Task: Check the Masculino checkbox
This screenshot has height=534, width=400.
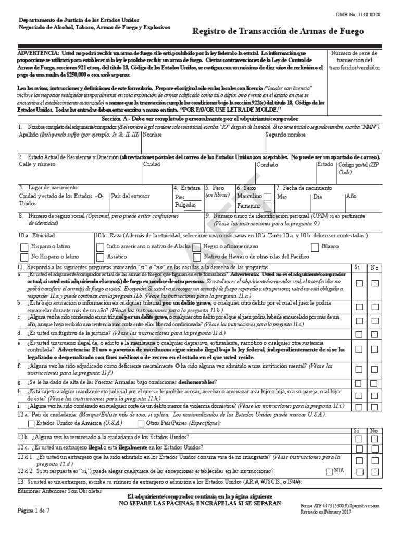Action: coord(267,197)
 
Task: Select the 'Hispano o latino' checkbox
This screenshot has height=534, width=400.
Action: coord(24,247)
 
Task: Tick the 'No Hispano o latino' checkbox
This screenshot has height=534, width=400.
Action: coord(24,257)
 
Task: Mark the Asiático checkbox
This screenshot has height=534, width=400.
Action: coord(99,257)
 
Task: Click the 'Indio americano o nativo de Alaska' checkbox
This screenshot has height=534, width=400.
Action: coord(99,247)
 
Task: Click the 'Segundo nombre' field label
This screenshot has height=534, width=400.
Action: coord(286,135)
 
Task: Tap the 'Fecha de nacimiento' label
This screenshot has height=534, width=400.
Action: coord(307,187)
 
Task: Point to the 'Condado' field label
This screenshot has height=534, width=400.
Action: coord(266,165)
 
